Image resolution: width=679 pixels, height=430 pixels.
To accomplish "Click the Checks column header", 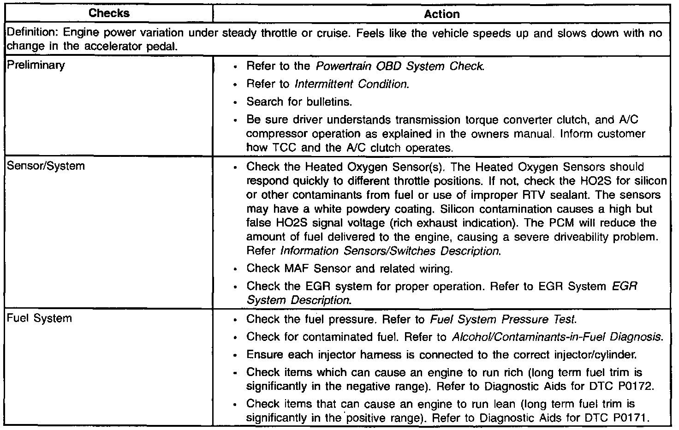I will tap(109, 13).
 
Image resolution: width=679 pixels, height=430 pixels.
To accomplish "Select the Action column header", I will tap(441, 14).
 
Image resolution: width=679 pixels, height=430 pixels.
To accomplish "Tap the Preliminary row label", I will tap(36, 65).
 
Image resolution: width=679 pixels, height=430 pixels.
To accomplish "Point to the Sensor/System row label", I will tap(46, 166).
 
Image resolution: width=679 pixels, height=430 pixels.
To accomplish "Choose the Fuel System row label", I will tap(39, 318).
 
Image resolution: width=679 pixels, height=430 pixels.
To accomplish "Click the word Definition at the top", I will tap(31, 33).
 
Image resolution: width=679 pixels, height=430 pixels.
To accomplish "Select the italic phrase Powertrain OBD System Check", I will tap(400, 66).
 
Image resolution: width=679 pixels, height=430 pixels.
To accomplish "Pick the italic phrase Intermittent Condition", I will tap(351, 84).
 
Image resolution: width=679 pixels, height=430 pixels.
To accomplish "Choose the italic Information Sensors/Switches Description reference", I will tap(390, 251).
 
